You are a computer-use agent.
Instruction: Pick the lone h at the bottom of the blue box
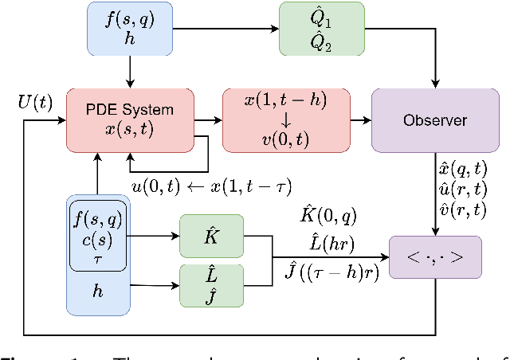(x=97, y=292)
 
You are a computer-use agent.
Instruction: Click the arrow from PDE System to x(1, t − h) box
(x=209, y=121)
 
